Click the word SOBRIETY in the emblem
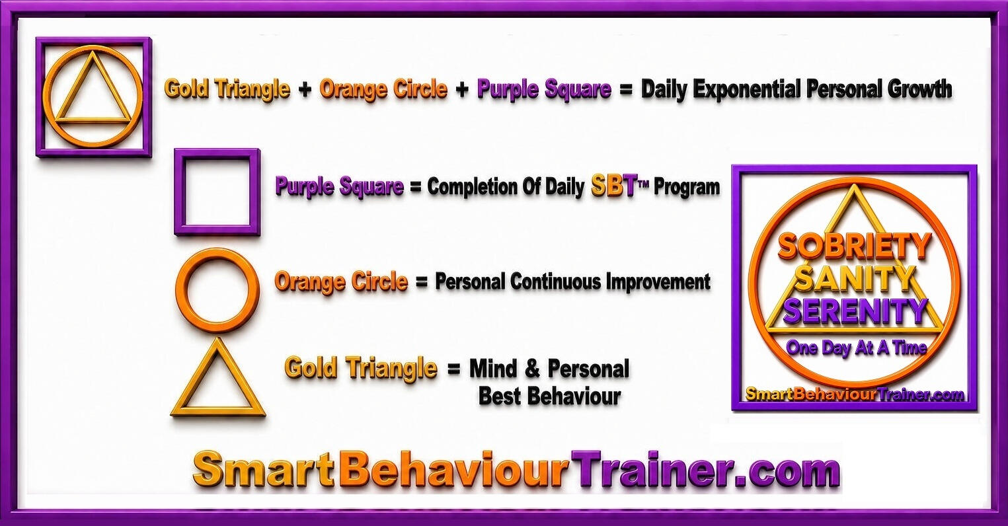pos(853,246)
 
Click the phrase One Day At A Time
pos(856,348)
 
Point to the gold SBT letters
pos(613,186)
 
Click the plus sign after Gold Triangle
pos(305,89)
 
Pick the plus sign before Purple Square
pos(462,89)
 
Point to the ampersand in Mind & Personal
pos(532,369)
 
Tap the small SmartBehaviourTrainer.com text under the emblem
pos(855,394)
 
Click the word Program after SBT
pos(687,187)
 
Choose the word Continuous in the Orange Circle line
pos(558,282)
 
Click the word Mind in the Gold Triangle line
pos(493,369)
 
